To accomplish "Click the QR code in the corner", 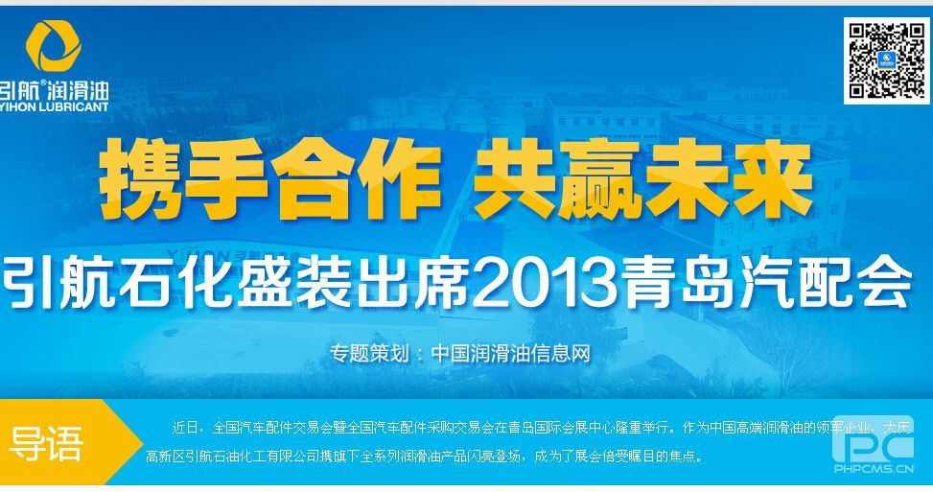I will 887,60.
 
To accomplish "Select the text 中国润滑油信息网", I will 510,353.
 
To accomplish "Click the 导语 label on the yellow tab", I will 46,443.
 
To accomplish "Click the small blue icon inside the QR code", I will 887,60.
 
